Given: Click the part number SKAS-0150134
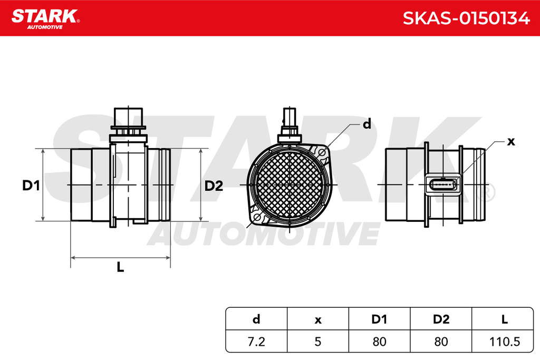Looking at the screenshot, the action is (466, 18).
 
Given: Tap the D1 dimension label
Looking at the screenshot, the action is (31, 186).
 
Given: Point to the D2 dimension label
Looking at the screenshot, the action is (214, 186).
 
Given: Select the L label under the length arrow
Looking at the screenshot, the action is (120, 267).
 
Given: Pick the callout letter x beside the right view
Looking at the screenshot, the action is (511, 141).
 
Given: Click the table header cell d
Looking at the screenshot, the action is (256, 319).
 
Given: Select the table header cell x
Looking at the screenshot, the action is (318, 319).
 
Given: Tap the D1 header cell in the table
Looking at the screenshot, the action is (379, 319).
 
